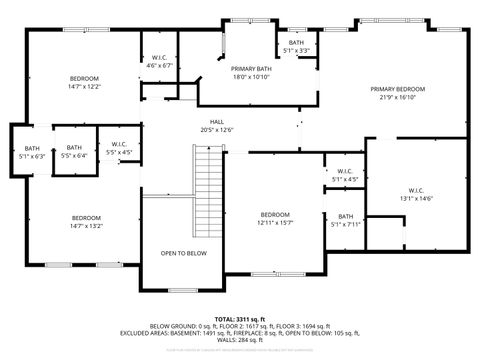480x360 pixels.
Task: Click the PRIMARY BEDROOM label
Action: pyautogui.click(x=397, y=89)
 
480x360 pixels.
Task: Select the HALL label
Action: pyautogui.click(x=216, y=121)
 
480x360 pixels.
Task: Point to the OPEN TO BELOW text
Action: pyautogui.click(x=184, y=253)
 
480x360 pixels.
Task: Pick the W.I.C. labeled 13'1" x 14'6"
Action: pyautogui.click(x=418, y=190)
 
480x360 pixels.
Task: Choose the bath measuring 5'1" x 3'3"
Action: pyautogui.click(x=297, y=42)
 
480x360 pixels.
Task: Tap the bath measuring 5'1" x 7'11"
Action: pyautogui.click(x=345, y=217)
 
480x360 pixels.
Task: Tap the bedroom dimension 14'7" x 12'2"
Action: pyautogui.click(x=84, y=87)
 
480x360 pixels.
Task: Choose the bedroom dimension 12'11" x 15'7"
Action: pyautogui.click(x=275, y=223)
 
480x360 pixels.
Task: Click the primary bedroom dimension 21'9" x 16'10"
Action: pyautogui.click(x=397, y=97)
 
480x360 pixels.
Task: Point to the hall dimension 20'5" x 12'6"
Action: pyautogui.click(x=216, y=129)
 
